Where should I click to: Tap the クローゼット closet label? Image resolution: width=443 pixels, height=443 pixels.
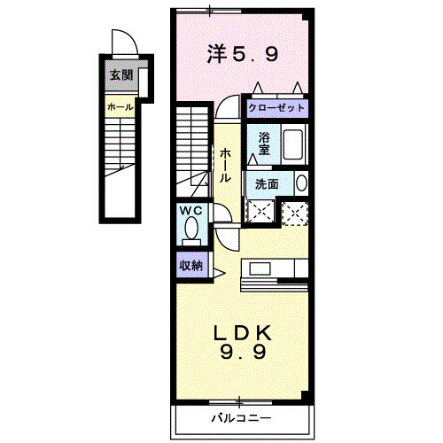pos(276,107)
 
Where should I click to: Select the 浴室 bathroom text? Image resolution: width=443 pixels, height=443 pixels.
pos(264,143)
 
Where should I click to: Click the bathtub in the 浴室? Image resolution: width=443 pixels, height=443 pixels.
pos(293,144)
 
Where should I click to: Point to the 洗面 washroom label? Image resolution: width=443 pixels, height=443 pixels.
pos(268,183)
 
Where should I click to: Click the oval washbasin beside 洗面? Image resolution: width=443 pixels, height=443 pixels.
pos(300,183)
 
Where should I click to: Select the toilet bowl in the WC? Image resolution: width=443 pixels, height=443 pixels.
pos(190,230)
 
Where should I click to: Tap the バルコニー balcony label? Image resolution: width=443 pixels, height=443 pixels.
pos(241,416)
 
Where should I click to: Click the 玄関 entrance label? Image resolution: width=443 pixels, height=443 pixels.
pos(121,75)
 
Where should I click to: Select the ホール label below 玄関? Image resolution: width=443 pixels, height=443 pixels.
pos(120,107)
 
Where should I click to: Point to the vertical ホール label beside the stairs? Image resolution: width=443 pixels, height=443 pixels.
pos(227,165)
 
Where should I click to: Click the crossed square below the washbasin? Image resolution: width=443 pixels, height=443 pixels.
pos(293,211)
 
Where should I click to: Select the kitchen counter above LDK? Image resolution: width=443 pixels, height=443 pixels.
pos(275,268)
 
